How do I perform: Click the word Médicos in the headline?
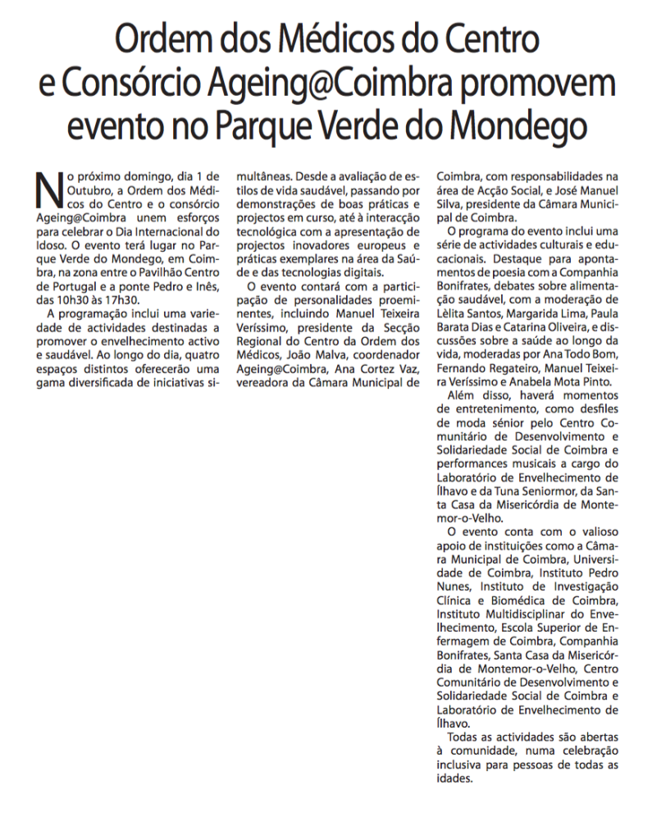pos(312,39)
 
